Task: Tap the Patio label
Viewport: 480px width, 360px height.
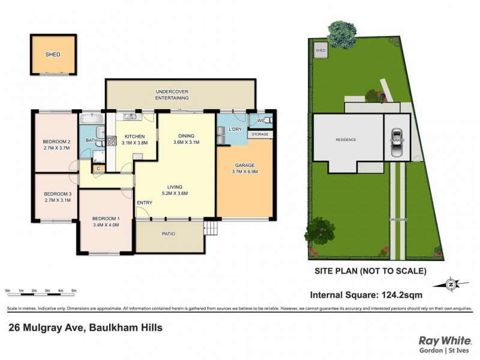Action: (x=169, y=233)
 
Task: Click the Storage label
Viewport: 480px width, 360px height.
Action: (x=260, y=134)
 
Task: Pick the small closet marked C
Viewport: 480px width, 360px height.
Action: (x=98, y=169)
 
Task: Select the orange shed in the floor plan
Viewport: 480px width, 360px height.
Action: (x=53, y=55)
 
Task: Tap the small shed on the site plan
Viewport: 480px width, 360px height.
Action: (x=321, y=50)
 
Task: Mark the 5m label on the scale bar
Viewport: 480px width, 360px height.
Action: (x=74, y=290)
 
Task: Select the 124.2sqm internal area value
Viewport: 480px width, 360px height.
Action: (x=401, y=295)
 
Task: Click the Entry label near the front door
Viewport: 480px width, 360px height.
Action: (x=145, y=202)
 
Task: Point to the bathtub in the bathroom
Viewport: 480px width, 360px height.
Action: (x=92, y=120)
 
